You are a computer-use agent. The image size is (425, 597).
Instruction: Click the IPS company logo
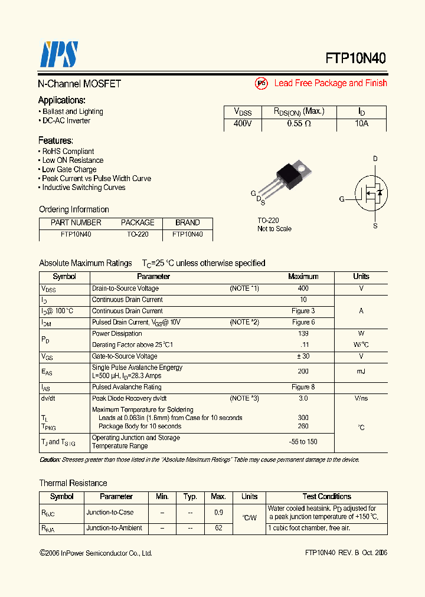click(x=58, y=55)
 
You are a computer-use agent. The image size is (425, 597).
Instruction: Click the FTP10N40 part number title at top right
click(x=356, y=58)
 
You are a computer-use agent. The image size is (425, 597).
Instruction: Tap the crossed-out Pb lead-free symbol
click(x=261, y=84)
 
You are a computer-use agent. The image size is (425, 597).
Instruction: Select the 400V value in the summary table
click(x=243, y=124)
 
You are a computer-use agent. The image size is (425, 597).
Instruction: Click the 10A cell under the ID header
click(x=361, y=124)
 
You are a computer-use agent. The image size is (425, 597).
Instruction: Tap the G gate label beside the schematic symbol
click(x=342, y=199)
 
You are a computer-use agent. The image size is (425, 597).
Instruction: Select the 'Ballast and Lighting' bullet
click(x=72, y=111)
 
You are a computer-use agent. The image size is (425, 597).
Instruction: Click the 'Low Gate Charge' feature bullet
click(x=68, y=169)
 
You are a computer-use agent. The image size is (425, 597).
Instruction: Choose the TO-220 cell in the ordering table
click(x=138, y=234)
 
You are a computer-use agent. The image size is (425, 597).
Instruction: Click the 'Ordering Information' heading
click(x=74, y=209)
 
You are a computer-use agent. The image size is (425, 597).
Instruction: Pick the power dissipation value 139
click(x=303, y=333)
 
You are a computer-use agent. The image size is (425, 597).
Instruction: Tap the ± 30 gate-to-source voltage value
click(x=303, y=356)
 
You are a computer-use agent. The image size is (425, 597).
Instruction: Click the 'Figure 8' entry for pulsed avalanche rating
click(x=303, y=387)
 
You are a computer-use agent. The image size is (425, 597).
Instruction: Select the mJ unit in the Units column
click(x=361, y=371)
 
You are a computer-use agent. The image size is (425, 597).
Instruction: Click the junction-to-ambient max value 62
click(x=218, y=528)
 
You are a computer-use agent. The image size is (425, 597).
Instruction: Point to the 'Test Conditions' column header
click(x=326, y=497)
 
